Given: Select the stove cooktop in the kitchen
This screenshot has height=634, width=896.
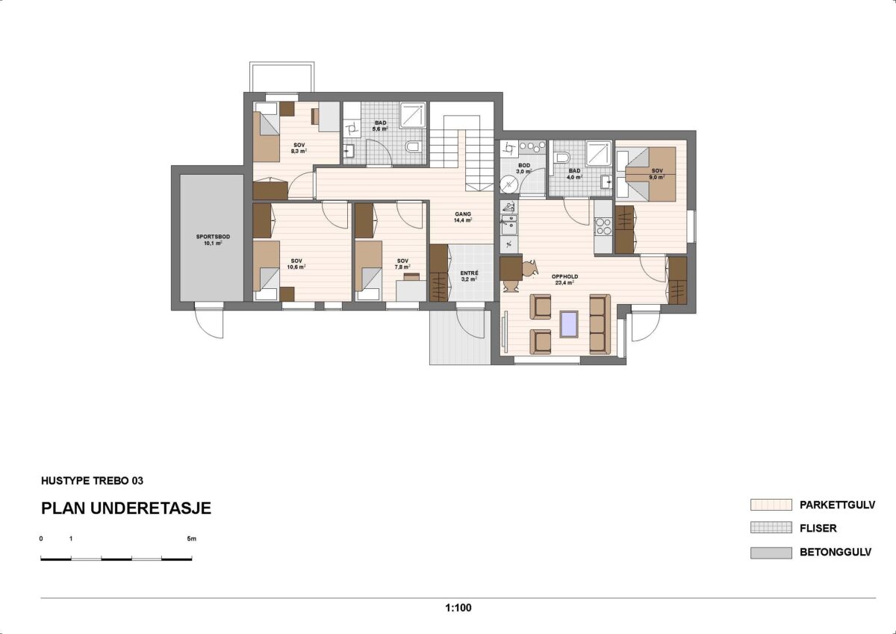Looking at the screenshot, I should (x=603, y=226).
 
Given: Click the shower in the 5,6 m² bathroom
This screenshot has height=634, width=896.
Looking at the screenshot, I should (x=412, y=116).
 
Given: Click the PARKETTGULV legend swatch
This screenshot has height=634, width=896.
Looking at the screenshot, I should (x=771, y=505).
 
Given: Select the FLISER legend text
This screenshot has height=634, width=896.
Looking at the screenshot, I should (x=818, y=529).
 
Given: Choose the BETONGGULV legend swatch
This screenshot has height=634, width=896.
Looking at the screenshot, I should (x=771, y=553).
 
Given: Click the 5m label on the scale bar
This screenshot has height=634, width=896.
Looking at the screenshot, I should (x=192, y=538).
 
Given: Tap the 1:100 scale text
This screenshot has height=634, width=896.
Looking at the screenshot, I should (x=458, y=608).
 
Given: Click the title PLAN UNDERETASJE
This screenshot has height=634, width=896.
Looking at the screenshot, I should (x=126, y=509).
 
